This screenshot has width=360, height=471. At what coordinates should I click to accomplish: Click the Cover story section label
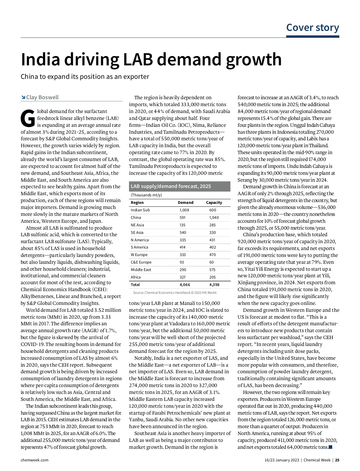tap(313, 28)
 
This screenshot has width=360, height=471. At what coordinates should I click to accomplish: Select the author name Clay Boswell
tap(42, 97)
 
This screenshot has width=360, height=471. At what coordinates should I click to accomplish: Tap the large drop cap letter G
tap(28, 118)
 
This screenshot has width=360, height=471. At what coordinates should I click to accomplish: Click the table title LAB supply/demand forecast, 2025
tap(171, 186)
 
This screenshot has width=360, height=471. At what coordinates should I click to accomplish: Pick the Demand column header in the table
tap(185, 203)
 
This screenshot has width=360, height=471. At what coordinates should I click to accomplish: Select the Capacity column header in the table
tap(214, 203)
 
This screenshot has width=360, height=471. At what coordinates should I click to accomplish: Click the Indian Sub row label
tap(140, 210)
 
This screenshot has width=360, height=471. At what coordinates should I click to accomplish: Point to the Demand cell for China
tap(182, 218)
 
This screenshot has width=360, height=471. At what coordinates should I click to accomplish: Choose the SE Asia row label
tap(137, 233)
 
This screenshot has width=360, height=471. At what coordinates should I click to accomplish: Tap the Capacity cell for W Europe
tap(212, 255)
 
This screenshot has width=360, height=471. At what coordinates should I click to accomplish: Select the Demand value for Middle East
tap(183, 270)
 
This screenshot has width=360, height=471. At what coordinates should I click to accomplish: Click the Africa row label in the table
tap(136, 277)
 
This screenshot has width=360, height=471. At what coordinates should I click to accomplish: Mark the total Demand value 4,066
tap(184, 285)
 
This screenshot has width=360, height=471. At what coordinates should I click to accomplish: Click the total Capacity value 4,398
tap(214, 285)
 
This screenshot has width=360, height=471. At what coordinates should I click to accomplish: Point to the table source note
tap(175, 293)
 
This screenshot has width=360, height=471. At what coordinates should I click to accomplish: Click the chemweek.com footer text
tap(34, 460)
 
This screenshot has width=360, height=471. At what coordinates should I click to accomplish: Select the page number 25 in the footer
tap(337, 460)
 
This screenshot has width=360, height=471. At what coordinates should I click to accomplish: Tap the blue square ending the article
tap(331, 447)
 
